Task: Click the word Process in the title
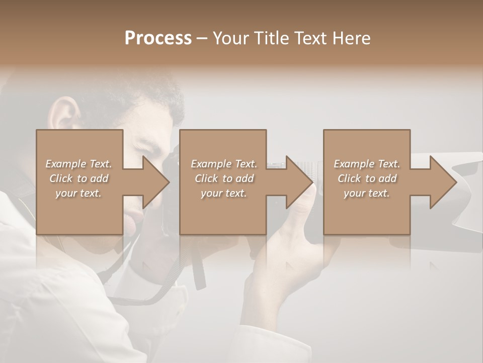158,38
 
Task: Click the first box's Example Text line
79,164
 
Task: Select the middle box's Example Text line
224,164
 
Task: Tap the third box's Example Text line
367,164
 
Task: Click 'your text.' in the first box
79,193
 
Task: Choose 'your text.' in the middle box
224,193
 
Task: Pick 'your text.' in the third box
367,193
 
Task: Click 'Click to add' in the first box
79,178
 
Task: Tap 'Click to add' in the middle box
224,178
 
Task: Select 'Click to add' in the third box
367,178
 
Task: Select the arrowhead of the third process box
442,182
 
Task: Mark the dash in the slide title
202,38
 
